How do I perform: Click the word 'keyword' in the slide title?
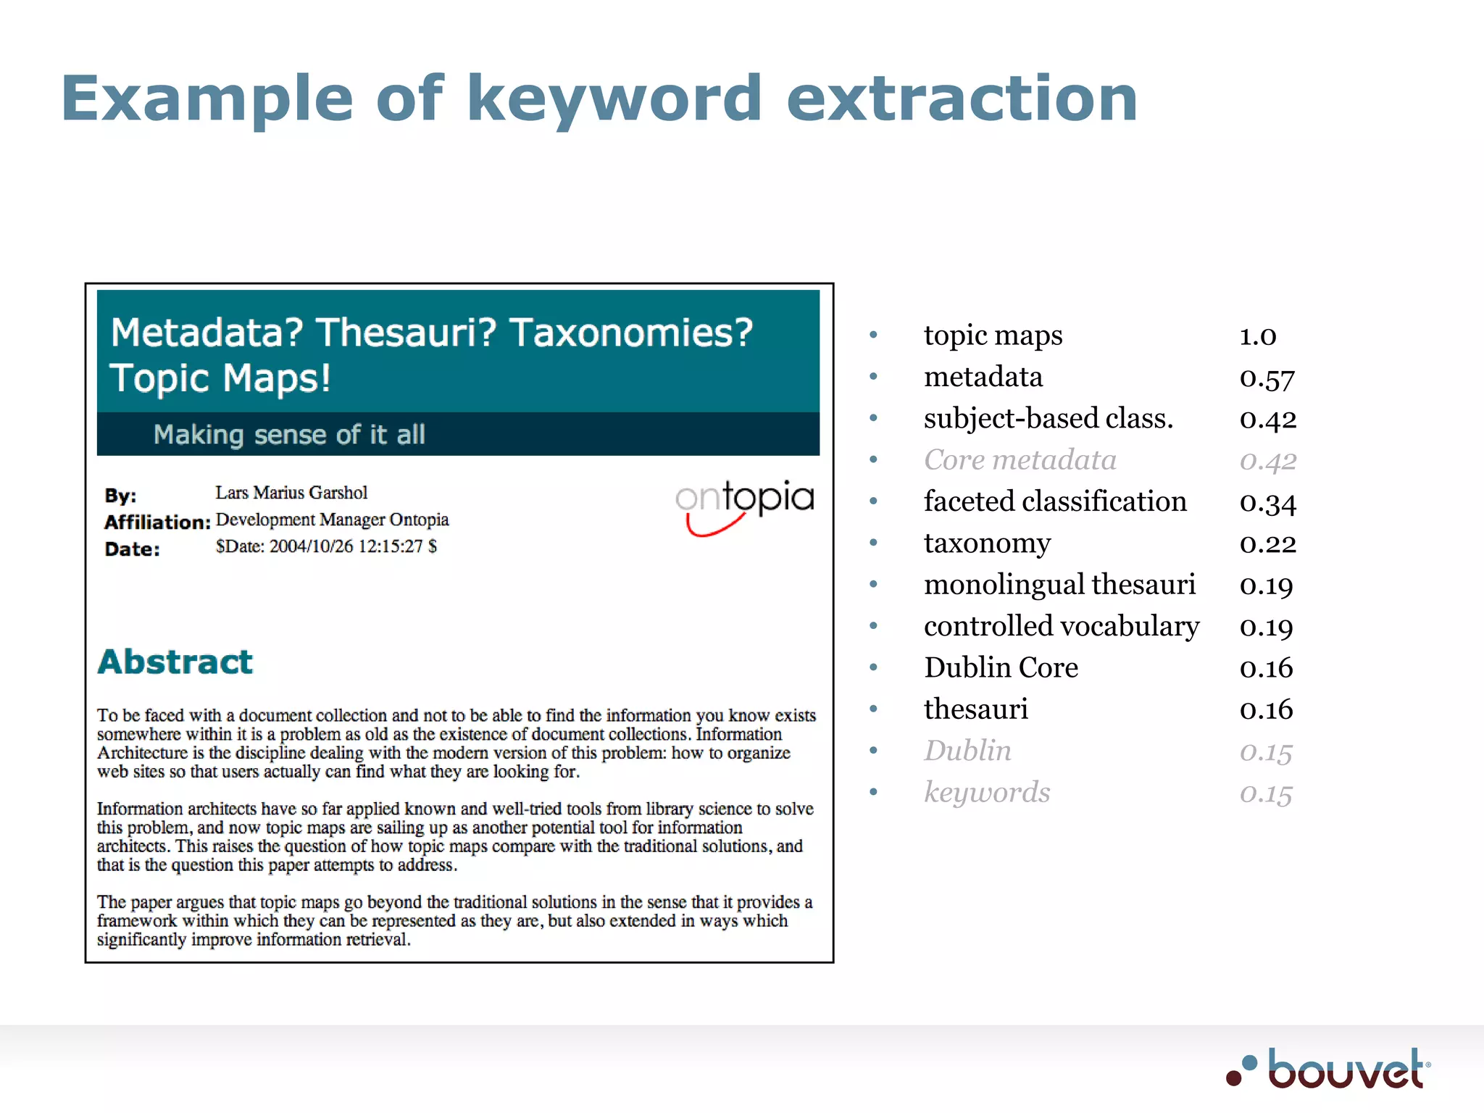[x=613, y=99]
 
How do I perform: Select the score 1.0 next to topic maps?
[x=1258, y=336]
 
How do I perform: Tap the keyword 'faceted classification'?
[x=1055, y=501]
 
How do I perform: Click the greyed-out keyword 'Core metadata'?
[x=1020, y=460]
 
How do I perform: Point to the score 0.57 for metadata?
[x=1267, y=378]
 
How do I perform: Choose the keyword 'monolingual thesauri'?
[x=1059, y=585]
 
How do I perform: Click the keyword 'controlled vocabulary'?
[x=1062, y=626]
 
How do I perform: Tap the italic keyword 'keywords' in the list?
[x=987, y=792]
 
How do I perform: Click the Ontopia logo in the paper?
[x=745, y=504]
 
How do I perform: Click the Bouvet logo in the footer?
[x=1329, y=1070]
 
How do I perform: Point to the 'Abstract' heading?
[x=175, y=662]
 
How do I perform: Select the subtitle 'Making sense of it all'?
[x=289, y=435]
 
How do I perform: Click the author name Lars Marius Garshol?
[x=291, y=493]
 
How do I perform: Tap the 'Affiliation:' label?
[x=157, y=522]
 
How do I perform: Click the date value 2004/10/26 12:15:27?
[x=326, y=546]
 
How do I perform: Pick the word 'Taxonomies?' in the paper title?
[x=631, y=333]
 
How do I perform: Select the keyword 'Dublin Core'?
[x=1001, y=668]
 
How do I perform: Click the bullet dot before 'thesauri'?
[x=874, y=709]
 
